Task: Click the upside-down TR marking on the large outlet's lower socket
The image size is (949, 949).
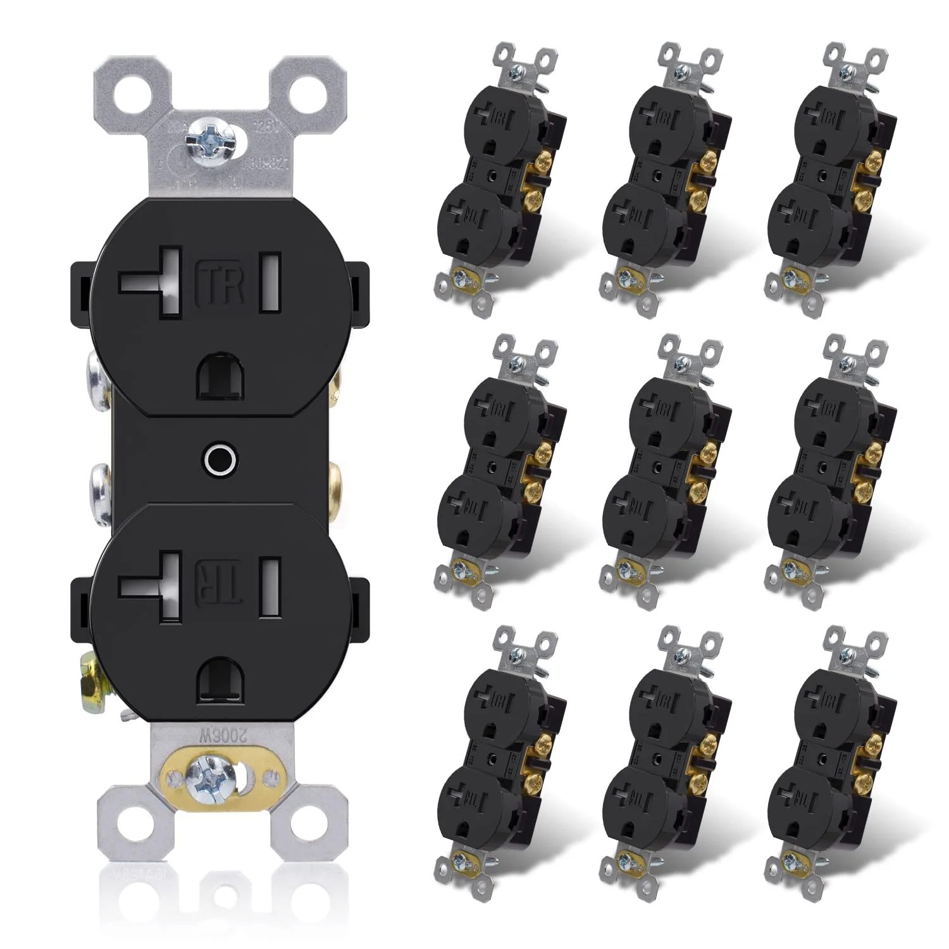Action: (x=222, y=580)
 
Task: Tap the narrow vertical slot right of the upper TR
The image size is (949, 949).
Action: (x=271, y=283)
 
